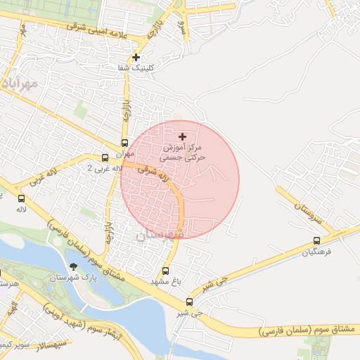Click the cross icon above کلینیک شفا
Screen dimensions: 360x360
coord(136,57)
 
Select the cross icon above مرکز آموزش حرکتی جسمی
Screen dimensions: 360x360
coord(183,136)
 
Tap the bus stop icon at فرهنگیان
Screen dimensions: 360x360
coord(316,240)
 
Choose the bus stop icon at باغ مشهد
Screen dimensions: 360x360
coord(166,271)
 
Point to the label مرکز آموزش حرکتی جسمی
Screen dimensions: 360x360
coord(183,154)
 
